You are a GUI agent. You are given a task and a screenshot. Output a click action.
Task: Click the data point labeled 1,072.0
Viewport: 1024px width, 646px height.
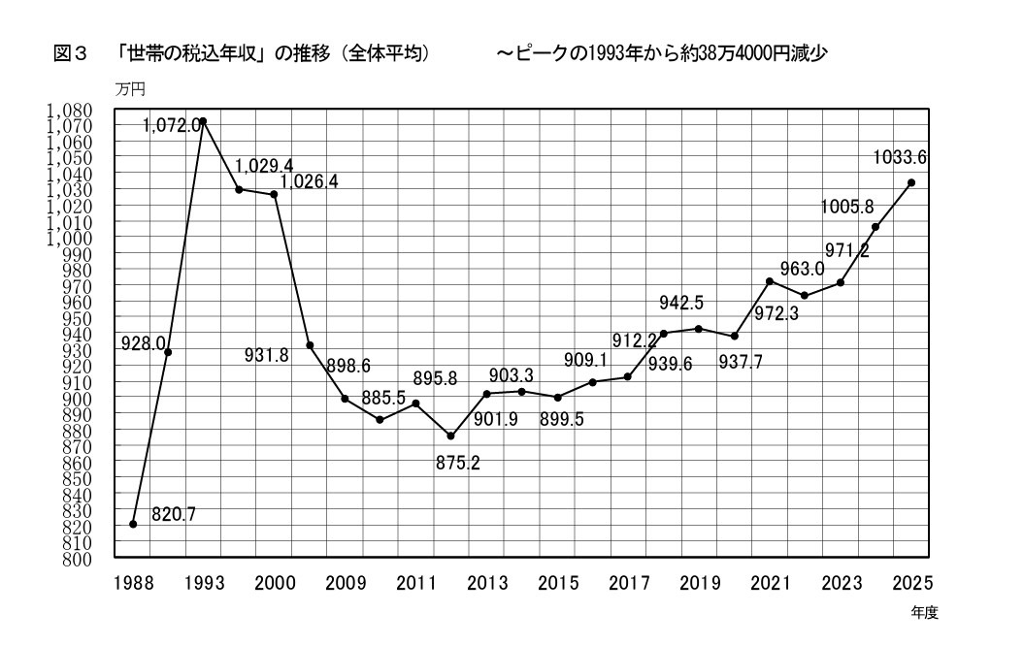pyautogui.click(x=203, y=122)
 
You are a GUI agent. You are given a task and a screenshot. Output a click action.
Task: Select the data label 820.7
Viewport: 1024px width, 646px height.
pyautogui.click(x=174, y=515)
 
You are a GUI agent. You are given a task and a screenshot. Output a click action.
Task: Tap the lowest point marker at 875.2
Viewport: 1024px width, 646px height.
pyautogui.click(x=450, y=436)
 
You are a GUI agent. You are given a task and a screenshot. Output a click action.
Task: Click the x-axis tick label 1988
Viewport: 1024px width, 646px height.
pyautogui.click(x=133, y=583)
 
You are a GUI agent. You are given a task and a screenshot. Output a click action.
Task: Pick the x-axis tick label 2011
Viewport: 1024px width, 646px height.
pyautogui.click(x=415, y=583)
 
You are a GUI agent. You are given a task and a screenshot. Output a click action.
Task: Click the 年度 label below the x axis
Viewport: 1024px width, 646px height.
pyautogui.click(x=924, y=613)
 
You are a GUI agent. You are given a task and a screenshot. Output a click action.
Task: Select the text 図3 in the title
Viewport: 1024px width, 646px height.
pyautogui.click(x=71, y=54)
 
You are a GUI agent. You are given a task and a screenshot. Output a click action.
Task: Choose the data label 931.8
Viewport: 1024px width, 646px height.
pyautogui.click(x=266, y=355)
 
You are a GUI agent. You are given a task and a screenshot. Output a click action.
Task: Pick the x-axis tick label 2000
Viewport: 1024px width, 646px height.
pyautogui.click(x=275, y=583)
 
